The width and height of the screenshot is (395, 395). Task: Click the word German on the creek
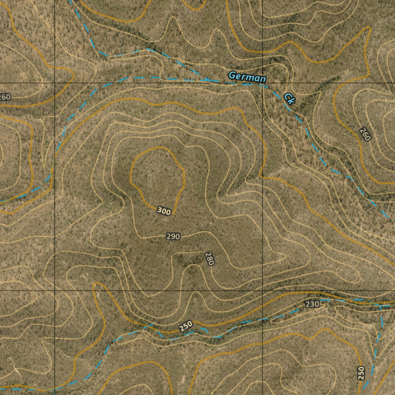(x=247, y=77)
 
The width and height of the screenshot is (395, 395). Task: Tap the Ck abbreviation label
(x=289, y=98)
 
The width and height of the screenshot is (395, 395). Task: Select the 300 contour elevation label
(x=164, y=211)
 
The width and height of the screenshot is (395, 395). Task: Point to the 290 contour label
(x=173, y=236)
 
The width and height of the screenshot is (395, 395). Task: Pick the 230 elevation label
(x=312, y=304)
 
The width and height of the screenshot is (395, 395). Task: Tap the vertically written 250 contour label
(x=361, y=373)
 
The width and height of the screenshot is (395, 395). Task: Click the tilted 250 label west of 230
(x=186, y=327)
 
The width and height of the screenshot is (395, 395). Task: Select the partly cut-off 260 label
(x=5, y=97)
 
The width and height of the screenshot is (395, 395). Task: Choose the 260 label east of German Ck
(x=365, y=134)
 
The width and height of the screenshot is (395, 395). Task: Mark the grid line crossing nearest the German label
(x=263, y=83)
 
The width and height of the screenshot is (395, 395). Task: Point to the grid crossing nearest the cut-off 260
(x=55, y=83)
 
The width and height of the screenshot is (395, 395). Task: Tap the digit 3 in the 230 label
(x=312, y=304)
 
